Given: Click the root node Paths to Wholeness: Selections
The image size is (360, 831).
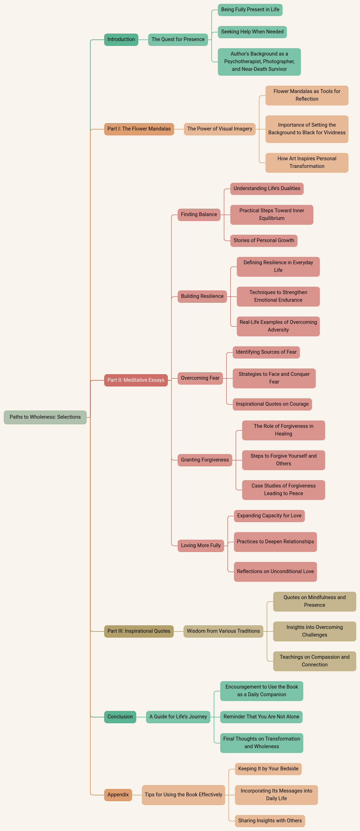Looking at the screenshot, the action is pos(45,417).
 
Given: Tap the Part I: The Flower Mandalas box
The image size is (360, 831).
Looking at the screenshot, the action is pos(139,129).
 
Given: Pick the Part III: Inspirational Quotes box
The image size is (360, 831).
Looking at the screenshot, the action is pos(139,631).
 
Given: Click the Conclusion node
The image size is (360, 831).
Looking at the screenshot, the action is pos(120,717).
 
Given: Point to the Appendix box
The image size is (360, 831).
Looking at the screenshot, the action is pos(118,795).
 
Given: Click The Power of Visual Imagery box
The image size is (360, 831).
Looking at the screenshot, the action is pos(220,129).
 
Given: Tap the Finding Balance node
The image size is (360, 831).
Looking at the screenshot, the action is pos(199,215).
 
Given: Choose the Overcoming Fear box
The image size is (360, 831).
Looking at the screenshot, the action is pos(200,378).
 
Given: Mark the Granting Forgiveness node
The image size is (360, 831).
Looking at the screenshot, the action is pos(205,460).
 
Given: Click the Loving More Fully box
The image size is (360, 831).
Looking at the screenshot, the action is pos(201,546).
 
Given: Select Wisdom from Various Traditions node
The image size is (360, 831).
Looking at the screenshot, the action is pos(223,631).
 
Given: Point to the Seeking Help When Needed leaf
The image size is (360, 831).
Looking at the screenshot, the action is pos(252,32).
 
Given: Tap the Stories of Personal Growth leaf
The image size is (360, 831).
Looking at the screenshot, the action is pos(264,241).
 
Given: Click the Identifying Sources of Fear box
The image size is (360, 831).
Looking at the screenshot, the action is pos(266,352).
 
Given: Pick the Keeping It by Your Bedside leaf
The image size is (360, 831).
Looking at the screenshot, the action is pos(268,769).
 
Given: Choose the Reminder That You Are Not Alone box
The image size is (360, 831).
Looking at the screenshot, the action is pos(261,717).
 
